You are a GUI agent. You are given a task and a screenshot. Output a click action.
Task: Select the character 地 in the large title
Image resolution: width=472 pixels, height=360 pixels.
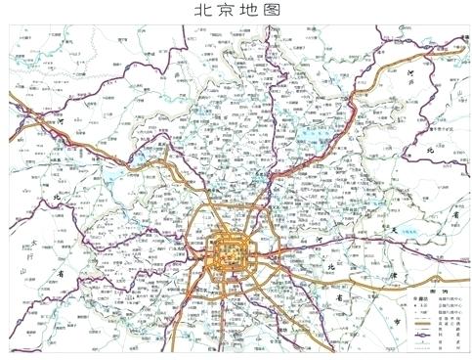pyautogui.click(x=244, y=11)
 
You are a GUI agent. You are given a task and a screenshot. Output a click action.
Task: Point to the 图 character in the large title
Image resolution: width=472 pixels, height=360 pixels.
pyautogui.click(x=268, y=11)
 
